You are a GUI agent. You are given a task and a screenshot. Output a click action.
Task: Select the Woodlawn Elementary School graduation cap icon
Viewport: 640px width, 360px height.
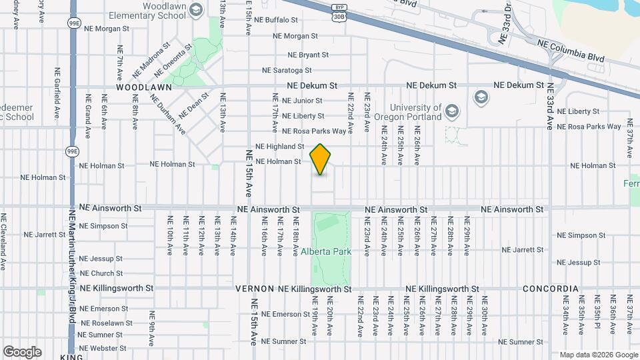pos(196,9)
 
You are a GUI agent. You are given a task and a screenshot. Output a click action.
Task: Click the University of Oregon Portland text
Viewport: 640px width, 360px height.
pos(416,112)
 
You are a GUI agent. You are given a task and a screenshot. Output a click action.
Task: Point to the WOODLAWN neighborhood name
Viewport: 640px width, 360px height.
pos(139,87)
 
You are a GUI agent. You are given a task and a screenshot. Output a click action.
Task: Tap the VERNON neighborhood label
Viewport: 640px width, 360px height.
pos(255,289)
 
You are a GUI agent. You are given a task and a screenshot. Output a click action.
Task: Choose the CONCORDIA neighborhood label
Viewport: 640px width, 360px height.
pos(550,289)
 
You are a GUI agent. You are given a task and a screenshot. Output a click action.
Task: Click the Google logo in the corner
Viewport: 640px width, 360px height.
pos(22,351)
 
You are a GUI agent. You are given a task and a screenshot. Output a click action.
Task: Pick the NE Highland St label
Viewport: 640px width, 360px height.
pos(279,147)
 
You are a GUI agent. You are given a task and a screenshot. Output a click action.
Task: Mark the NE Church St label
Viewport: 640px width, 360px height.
pos(101,273)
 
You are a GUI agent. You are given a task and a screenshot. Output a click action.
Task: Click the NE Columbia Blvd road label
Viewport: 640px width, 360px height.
pos(571,51)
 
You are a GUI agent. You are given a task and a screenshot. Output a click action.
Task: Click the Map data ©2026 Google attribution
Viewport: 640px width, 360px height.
pos(598,355)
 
